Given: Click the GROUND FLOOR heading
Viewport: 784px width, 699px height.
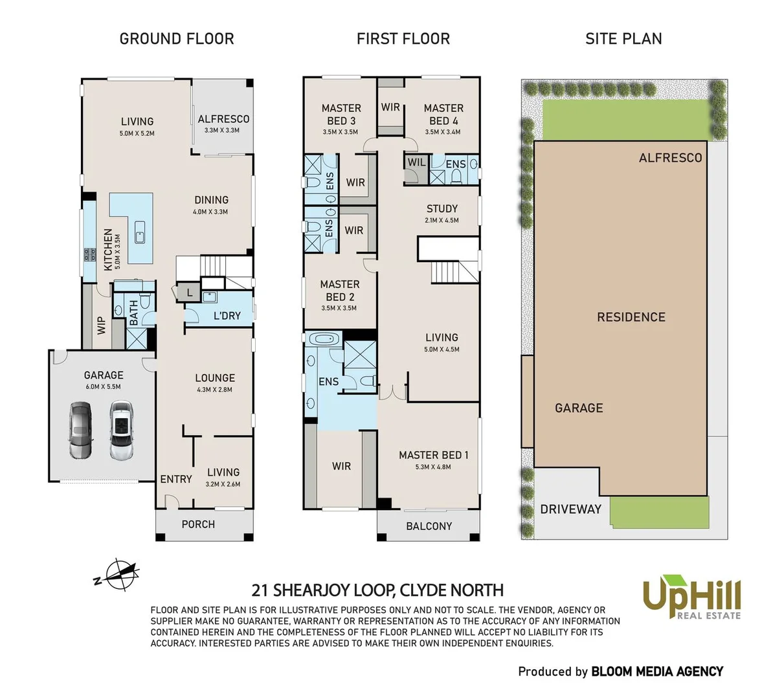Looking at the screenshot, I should click(x=177, y=39).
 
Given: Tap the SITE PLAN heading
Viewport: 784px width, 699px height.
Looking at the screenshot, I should click(x=623, y=39).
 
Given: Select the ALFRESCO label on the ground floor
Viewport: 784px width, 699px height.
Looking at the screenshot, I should click(x=223, y=119).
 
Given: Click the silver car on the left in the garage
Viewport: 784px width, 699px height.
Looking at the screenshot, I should click(x=81, y=430).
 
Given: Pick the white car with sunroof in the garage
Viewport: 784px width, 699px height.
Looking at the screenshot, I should click(x=121, y=430).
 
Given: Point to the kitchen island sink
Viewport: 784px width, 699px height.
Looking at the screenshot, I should click(x=139, y=232).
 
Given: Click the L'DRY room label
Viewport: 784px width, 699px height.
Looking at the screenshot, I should click(x=227, y=316).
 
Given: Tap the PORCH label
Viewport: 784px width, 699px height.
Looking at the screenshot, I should click(x=198, y=524).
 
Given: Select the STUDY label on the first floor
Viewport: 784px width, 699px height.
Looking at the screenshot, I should click(x=442, y=208).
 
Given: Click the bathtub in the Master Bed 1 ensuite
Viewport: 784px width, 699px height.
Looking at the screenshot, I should click(x=322, y=339).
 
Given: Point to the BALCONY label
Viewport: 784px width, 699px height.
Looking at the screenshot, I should click(x=429, y=526).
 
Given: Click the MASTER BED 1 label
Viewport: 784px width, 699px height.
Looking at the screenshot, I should click(x=434, y=455).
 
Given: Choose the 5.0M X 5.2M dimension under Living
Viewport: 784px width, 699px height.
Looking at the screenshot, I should click(x=137, y=133).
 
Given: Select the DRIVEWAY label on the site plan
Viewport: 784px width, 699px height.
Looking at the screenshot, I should click(x=570, y=509).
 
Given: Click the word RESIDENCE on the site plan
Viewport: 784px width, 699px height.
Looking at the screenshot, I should click(x=631, y=317).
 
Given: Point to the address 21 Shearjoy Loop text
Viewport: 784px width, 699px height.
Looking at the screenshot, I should click(x=377, y=590).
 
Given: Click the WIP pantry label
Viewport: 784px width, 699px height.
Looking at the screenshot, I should click(x=102, y=325).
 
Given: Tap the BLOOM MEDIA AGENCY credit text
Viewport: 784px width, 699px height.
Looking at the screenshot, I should click(x=657, y=672).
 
